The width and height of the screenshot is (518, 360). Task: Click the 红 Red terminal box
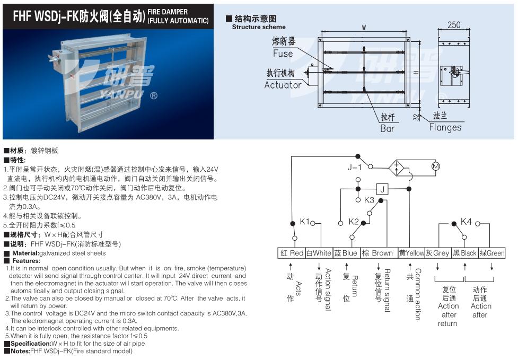click(x=292, y=253)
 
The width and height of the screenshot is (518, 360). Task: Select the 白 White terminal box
click(x=319, y=253)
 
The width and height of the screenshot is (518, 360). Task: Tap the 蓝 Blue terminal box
click(x=346, y=253)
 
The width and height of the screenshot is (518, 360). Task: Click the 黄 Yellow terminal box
click(x=411, y=253)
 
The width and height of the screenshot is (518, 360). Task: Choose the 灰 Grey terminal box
click(x=437, y=253)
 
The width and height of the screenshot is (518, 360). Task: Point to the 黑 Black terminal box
click(x=464, y=253)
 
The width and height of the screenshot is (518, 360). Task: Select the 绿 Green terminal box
click(x=492, y=253)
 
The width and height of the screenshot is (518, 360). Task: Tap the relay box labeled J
click(x=383, y=189)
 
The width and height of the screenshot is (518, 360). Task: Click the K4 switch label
click(x=466, y=222)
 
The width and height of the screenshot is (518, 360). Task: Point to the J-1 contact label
click(x=355, y=168)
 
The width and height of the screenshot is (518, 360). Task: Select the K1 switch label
click(x=305, y=222)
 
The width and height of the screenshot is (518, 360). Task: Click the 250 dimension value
click(x=454, y=25)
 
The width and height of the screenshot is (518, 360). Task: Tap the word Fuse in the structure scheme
click(x=283, y=54)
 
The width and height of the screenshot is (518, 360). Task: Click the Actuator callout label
click(x=283, y=85)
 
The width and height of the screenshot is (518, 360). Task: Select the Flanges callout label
click(x=445, y=127)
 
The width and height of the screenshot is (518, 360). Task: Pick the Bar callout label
click(x=388, y=128)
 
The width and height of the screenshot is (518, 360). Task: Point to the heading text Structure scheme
click(x=259, y=27)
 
